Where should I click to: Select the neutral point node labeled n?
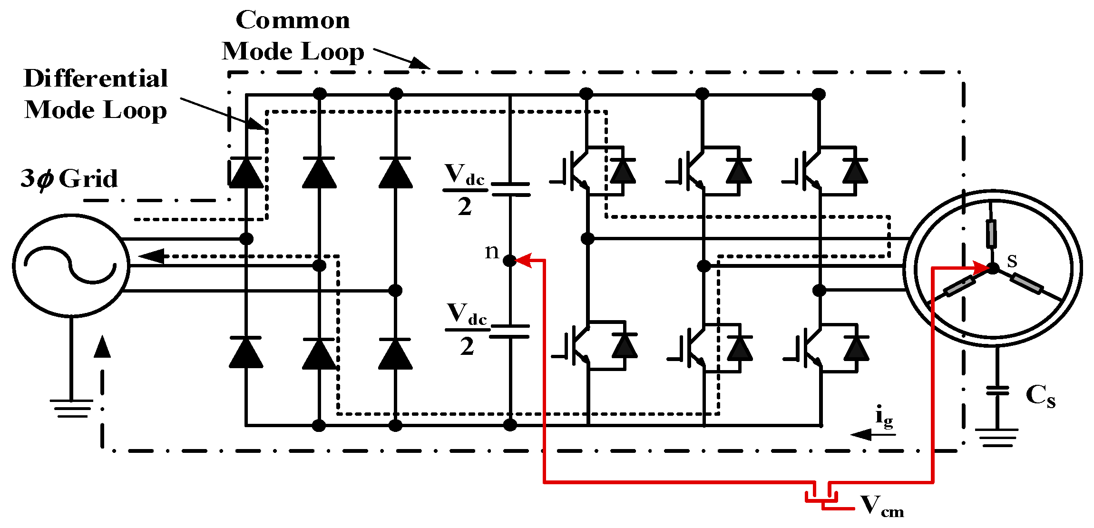[x=509, y=260]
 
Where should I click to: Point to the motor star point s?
[x=993, y=268]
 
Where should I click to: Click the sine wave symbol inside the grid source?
[x=70, y=265]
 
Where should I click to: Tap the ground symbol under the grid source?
[x=71, y=408]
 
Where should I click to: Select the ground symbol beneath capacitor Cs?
[x=997, y=437]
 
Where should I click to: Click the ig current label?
[x=884, y=417]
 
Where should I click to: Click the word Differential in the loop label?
[x=96, y=78]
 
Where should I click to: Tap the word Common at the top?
[x=293, y=20]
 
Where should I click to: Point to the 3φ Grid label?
[x=69, y=178]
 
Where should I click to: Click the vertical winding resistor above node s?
[x=991, y=234]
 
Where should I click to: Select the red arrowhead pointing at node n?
[x=524, y=260]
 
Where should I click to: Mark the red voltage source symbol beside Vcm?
[x=822, y=497]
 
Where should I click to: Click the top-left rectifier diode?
[x=246, y=172]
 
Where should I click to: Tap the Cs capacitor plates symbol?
[x=997, y=391]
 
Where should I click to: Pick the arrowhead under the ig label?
[x=861, y=434]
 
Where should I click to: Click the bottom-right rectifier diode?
[x=395, y=353]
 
